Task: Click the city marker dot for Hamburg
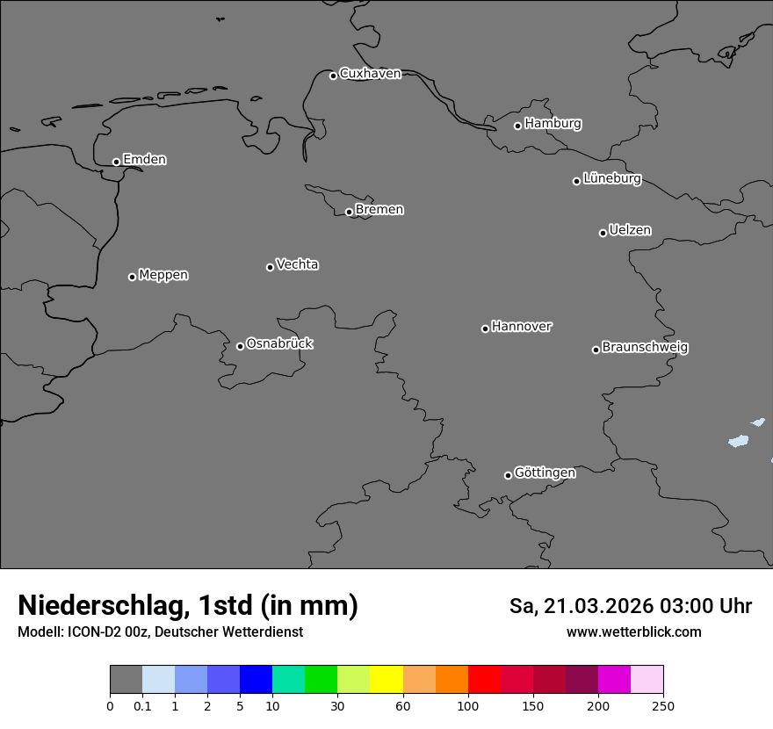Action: (x=518, y=126)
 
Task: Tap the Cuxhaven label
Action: (x=370, y=74)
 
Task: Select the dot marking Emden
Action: (x=116, y=162)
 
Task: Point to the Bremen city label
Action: (x=379, y=210)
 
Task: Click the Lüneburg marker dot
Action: (x=576, y=181)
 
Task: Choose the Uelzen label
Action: (x=630, y=231)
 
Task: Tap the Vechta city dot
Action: (x=270, y=267)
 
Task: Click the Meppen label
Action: (x=163, y=276)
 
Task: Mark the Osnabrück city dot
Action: (x=240, y=346)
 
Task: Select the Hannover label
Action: (x=522, y=327)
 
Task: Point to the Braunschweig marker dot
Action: (x=596, y=350)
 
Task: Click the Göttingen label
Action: (x=545, y=473)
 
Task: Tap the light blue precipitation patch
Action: (x=738, y=441)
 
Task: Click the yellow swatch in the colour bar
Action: (x=386, y=680)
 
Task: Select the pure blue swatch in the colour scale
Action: (x=256, y=680)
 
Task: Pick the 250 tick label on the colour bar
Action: (x=662, y=705)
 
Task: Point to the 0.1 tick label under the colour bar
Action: (x=142, y=705)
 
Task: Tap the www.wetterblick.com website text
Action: (x=633, y=632)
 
